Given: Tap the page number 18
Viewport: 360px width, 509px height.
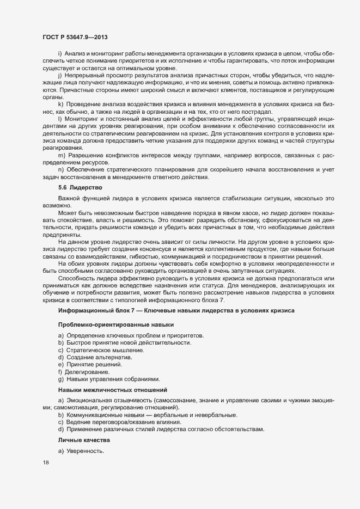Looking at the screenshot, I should [x=45, y=463].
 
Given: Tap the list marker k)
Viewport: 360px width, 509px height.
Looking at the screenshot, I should [x=60, y=103].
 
